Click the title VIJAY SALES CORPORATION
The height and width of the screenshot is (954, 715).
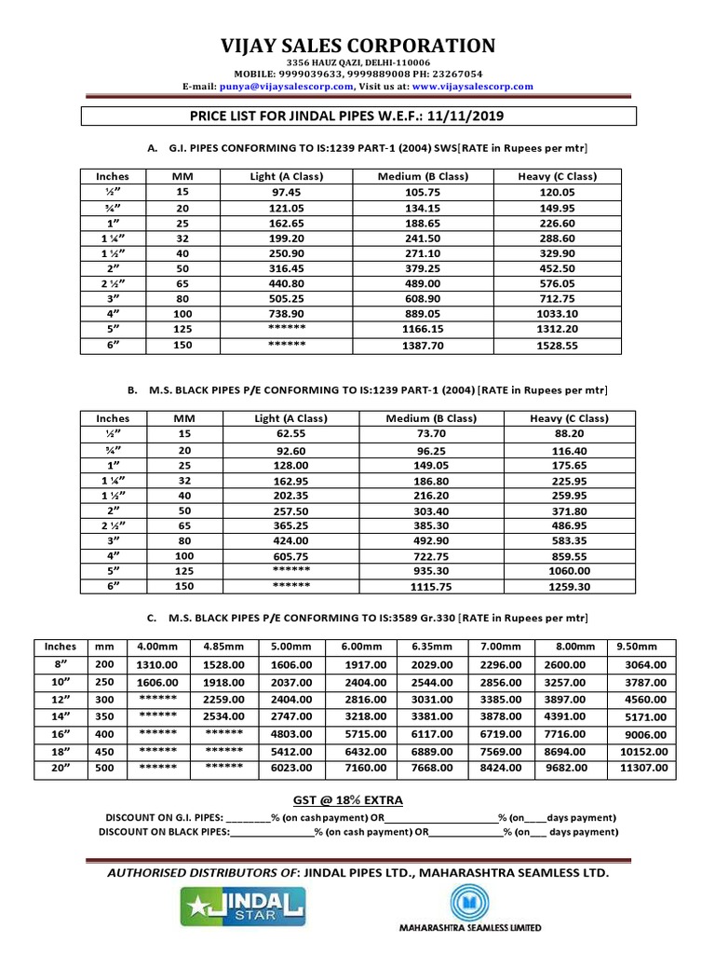(357, 46)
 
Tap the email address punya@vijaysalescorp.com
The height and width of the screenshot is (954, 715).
(286, 86)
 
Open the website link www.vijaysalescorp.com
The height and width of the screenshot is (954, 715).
(472, 86)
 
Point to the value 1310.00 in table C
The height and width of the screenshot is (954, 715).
(156, 664)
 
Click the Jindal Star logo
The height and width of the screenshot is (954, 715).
(244, 906)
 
